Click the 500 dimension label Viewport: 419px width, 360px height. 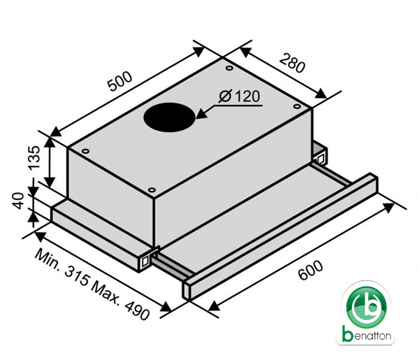[119, 81]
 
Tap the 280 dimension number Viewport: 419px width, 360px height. [292, 63]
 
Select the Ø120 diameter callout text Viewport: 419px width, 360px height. [239, 96]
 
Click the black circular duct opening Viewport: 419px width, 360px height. [170, 117]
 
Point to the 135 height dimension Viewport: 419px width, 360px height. [34, 158]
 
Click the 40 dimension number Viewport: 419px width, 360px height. [18, 201]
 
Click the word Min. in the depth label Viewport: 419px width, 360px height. [47, 259]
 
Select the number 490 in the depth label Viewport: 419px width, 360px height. [137, 310]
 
